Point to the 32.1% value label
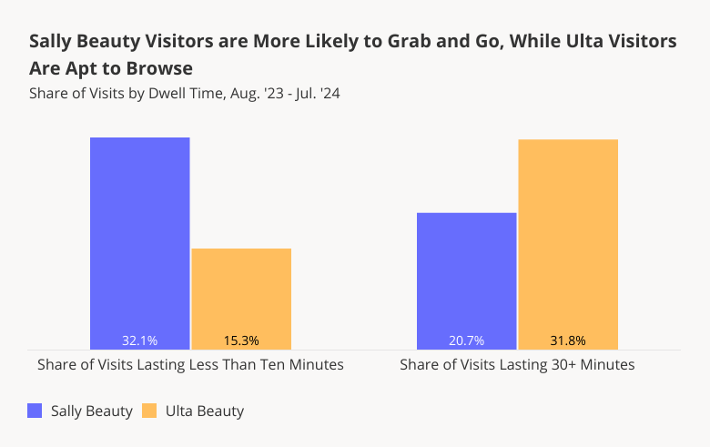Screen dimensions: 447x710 pyautogui.click(x=139, y=340)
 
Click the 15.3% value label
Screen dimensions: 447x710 pyautogui.click(x=241, y=340)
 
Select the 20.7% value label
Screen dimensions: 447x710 pyautogui.click(x=466, y=340)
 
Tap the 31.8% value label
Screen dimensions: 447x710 pyautogui.click(x=568, y=340)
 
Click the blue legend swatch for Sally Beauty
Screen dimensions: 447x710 pyautogui.click(x=35, y=411)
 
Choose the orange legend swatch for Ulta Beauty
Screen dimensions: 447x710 pyautogui.click(x=150, y=411)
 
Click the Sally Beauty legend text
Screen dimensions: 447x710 pyautogui.click(x=91, y=411)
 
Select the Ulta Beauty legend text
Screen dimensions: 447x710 pyautogui.click(x=205, y=411)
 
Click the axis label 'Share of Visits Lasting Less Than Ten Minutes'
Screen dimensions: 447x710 pyautogui.click(x=190, y=364)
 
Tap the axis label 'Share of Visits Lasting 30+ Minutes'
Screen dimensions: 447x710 pyautogui.click(x=517, y=364)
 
